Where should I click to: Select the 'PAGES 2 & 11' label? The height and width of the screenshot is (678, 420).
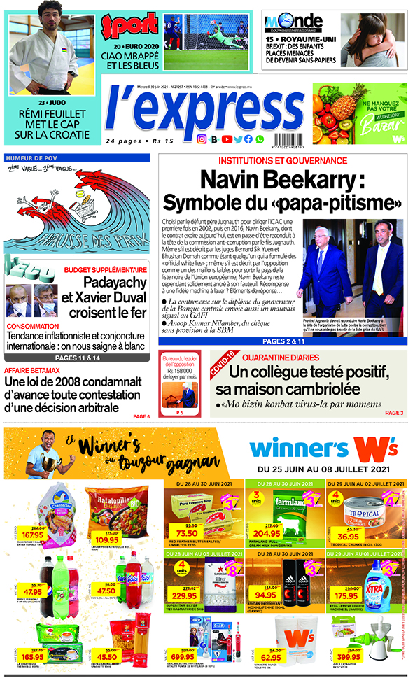tap(283, 341)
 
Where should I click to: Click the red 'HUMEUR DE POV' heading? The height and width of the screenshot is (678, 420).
tap(31, 157)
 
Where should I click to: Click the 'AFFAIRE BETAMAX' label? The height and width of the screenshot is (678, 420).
tap(31, 370)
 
